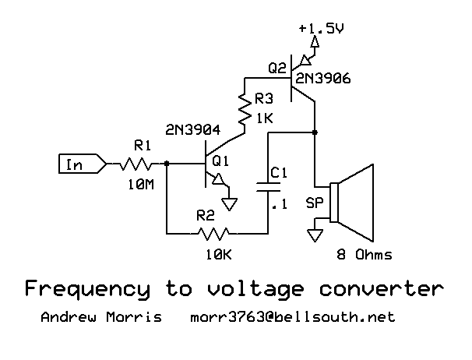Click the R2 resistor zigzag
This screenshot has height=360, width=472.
tap(214, 232)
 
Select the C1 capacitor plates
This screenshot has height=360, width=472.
tap(267, 186)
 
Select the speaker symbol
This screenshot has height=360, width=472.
tap(354, 203)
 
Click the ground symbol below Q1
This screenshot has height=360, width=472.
tap(230, 204)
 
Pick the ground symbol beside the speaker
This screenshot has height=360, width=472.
tap(314, 235)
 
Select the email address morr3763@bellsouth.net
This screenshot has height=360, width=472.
tap(293, 318)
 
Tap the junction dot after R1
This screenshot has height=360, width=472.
tap(167, 164)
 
